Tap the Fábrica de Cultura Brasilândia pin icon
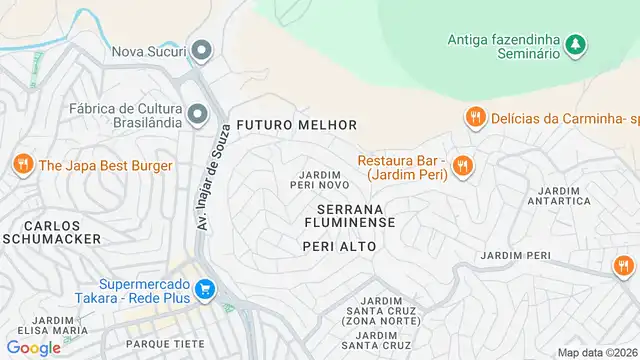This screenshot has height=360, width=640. tap(197, 112)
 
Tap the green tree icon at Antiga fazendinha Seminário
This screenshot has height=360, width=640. tap(574, 44)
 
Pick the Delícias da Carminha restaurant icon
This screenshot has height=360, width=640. tap(475, 118)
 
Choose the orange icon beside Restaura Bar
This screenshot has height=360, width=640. tap(461, 166)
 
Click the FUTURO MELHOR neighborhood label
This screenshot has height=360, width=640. tap(297, 125)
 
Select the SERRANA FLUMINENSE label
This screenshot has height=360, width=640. tap(349, 215)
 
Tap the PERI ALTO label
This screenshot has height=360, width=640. tap(339, 246)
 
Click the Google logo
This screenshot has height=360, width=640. tap(34, 347)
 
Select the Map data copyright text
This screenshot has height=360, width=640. tap(597, 352)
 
